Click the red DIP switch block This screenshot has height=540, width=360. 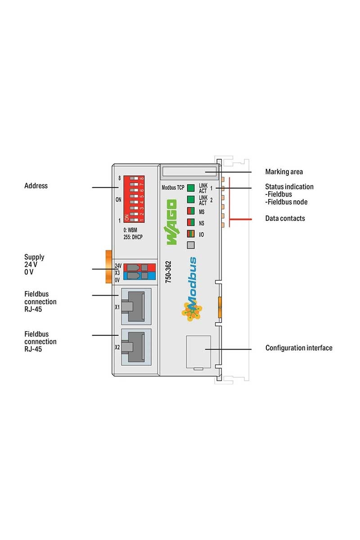134,197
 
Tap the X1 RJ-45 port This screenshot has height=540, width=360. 135,307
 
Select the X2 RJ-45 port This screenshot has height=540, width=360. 135,347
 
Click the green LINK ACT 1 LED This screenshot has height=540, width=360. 191,188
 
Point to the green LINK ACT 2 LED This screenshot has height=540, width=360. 191,199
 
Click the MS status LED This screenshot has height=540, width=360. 191,211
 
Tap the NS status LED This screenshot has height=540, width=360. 191,222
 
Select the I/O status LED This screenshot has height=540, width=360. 191,234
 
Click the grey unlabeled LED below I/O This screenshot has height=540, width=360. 191,245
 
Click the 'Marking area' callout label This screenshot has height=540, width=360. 284,172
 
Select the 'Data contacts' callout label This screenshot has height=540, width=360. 285,219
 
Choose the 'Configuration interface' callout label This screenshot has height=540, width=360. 299,348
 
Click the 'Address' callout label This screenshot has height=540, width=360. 36,186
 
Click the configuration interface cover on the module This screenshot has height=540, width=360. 197,352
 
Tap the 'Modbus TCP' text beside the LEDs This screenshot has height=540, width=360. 172,188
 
